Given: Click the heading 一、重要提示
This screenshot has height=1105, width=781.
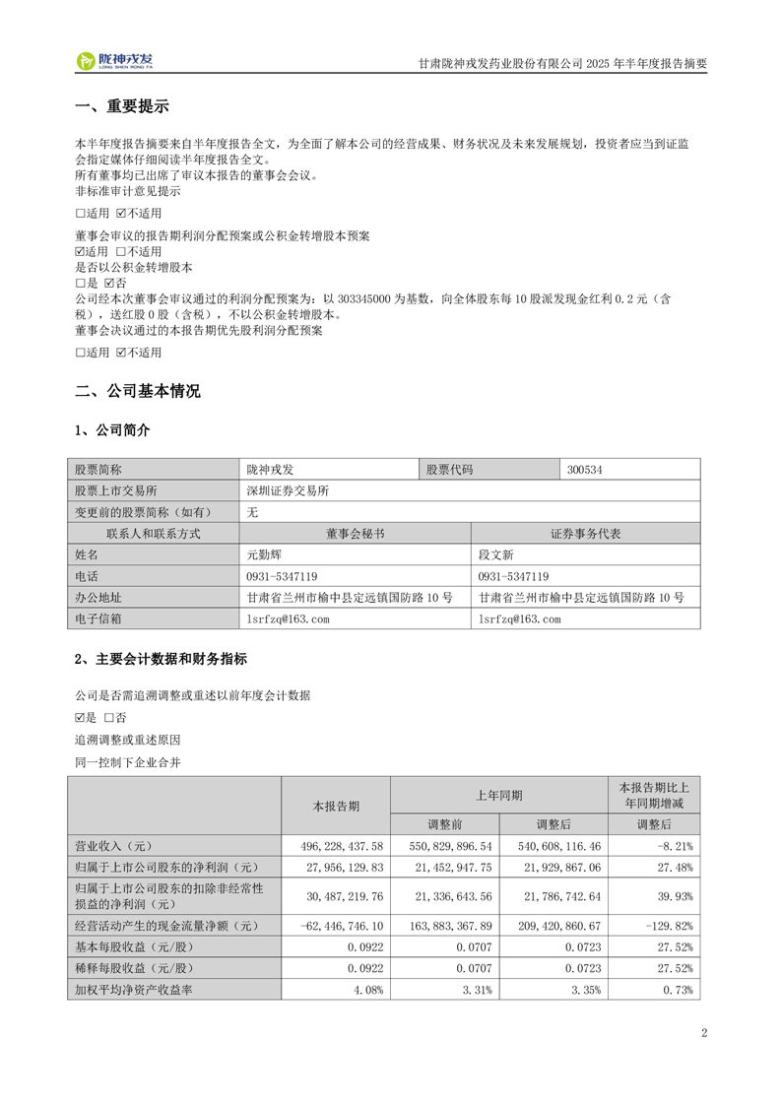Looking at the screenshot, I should (x=122, y=107).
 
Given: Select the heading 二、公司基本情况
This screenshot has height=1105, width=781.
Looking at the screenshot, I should (x=138, y=391).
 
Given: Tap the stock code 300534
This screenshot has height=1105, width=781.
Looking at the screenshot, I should (x=585, y=470).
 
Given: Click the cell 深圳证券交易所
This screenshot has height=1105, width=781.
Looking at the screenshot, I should (x=288, y=490).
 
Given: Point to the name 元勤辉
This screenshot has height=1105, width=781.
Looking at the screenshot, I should (x=266, y=554).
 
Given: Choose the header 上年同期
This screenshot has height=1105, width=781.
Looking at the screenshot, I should (x=499, y=794).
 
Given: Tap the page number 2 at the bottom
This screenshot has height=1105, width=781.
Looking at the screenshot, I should (x=704, y=1033).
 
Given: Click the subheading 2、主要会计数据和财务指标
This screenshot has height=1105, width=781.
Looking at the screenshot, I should (x=161, y=659).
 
